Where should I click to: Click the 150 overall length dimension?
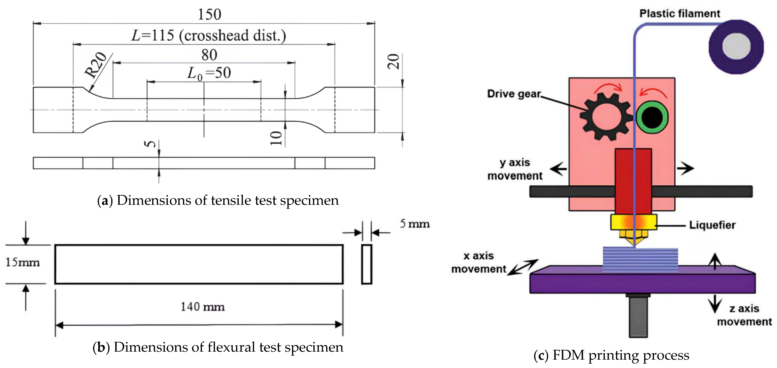[209, 14]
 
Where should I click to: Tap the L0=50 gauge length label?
[209, 73]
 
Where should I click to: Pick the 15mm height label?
[23, 262]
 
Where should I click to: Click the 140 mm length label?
[202, 307]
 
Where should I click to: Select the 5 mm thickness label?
[414, 224]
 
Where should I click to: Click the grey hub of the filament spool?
[736, 46]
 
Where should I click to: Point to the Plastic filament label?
[679, 14]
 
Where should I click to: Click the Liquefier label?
[712, 225]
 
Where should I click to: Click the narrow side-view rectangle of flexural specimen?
[367, 264]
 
